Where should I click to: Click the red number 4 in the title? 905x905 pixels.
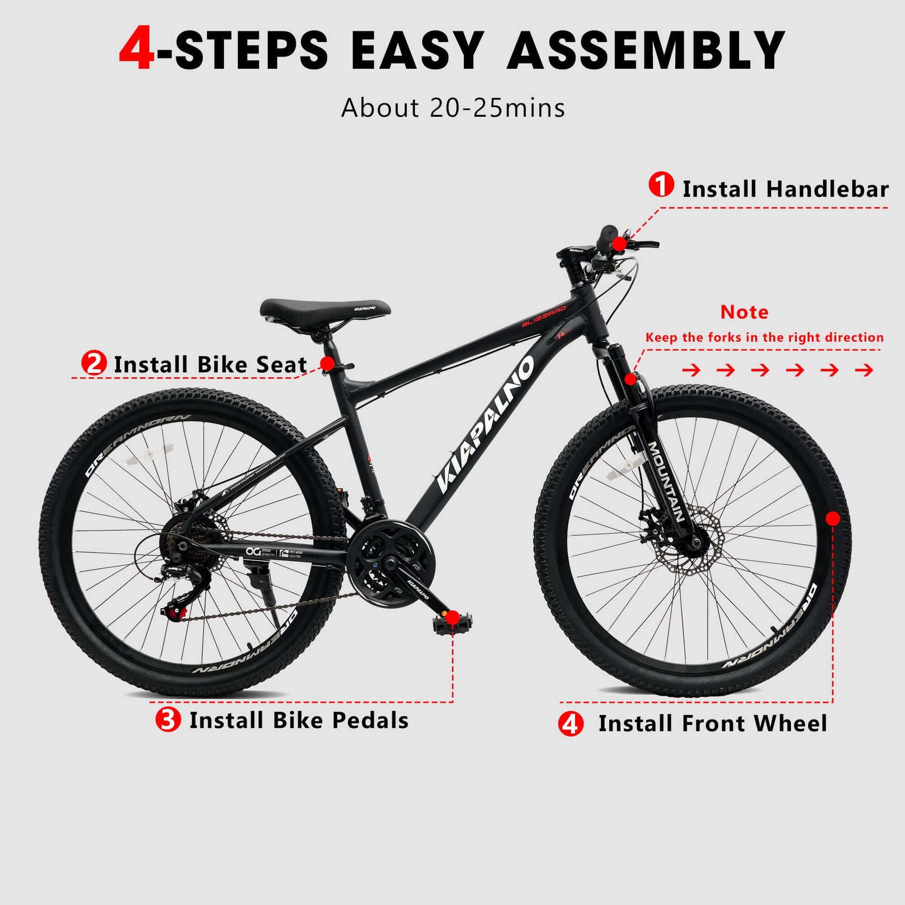[137, 50]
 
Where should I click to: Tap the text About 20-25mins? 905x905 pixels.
[453, 108]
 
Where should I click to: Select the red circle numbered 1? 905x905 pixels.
[661, 185]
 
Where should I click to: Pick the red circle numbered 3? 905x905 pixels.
[168, 719]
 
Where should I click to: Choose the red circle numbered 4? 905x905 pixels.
[571, 724]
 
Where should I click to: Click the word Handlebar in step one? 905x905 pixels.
[827, 189]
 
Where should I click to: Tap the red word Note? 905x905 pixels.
[744, 312]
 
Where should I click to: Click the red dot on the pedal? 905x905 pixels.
[452, 618]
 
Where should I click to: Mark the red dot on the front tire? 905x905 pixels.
[833, 519]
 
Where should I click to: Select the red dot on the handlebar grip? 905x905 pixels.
[619, 244]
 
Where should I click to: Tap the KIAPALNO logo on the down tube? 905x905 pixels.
[486, 425]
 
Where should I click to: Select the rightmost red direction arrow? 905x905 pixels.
[864, 371]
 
